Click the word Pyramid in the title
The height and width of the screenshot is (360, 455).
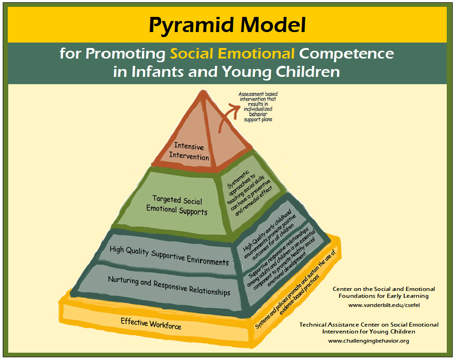pos(191,26)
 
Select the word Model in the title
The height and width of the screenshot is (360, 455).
pos(273,25)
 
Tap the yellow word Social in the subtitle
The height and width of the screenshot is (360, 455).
pos(191,54)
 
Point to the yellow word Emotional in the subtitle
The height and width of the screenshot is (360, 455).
pos(256,54)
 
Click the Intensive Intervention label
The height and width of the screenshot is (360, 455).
pos(189,151)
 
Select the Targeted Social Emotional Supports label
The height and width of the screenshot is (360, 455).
pos(177,205)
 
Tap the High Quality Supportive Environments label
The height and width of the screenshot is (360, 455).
pos(169,256)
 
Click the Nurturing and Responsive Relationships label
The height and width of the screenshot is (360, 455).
pos(169,286)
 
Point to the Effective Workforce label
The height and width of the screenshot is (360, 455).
pos(151,323)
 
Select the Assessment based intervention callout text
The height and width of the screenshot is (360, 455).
pos(258,107)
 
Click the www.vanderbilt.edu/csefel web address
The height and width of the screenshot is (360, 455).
pos(384,305)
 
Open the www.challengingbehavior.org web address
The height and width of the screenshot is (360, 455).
pos(368,341)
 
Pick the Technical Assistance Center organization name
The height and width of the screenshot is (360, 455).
pos(369,328)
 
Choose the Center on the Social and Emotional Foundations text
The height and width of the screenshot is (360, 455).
pos(384,292)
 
